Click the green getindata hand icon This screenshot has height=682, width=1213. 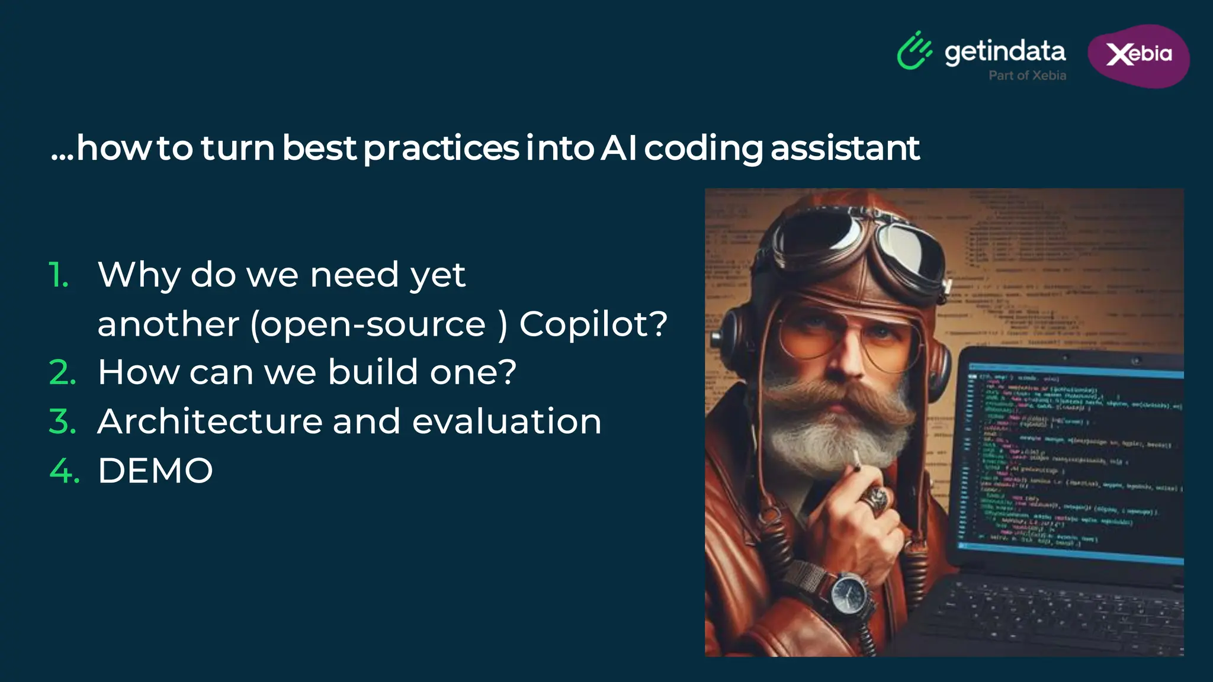point(914,51)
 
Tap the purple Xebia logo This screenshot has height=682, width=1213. point(1138,55)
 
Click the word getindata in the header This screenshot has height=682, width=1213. point(1005,52)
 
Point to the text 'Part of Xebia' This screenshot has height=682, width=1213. point(1027,75)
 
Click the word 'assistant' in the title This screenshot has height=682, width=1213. point(845,148)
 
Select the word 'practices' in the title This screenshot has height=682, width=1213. point(441,148)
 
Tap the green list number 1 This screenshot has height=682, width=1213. point(59,275)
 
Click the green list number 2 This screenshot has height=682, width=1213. point(63,372)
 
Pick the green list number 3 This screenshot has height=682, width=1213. point(63,422)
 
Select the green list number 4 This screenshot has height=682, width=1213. point(64,471)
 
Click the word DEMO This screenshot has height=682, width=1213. point(155,471)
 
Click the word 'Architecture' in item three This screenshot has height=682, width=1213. point(210,422)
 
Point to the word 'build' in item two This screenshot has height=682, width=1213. point(373,372)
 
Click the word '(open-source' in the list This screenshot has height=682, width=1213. point(368,324)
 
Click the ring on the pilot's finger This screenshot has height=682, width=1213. point(875,499)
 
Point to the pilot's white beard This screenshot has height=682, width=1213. point(835,438)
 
